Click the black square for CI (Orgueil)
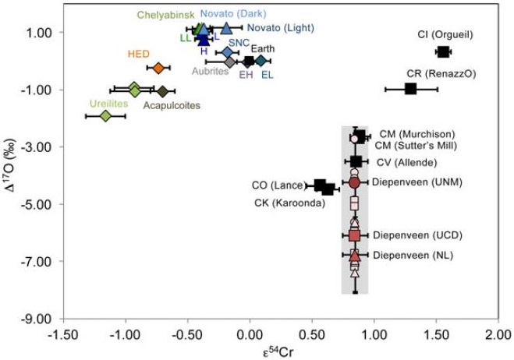pyautogui.click(x=442, y=52)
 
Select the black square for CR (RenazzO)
pyautogui.click(x=411, y=89)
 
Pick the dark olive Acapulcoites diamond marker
pyautogui.click(x=162, y=91)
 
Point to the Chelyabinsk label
pyautogui.click(x=165, y=14)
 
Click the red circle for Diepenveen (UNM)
pyautogui.click(x=354, y=182)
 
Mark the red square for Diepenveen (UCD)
pyautogui.click(x=354, y=235)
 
